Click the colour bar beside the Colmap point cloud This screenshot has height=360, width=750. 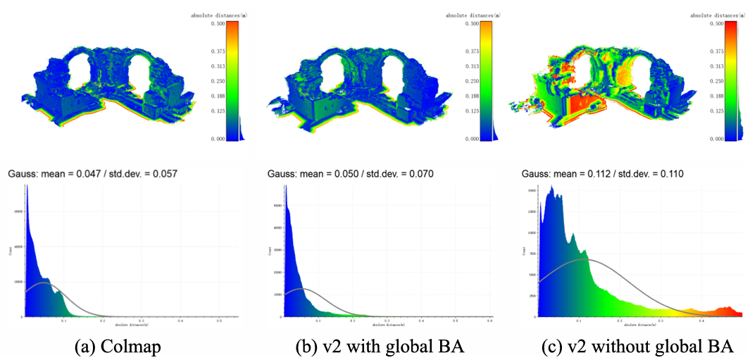coord(232,80)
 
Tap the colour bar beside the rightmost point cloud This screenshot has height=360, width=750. coord(730,80)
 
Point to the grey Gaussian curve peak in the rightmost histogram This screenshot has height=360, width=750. coord(582,260)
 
